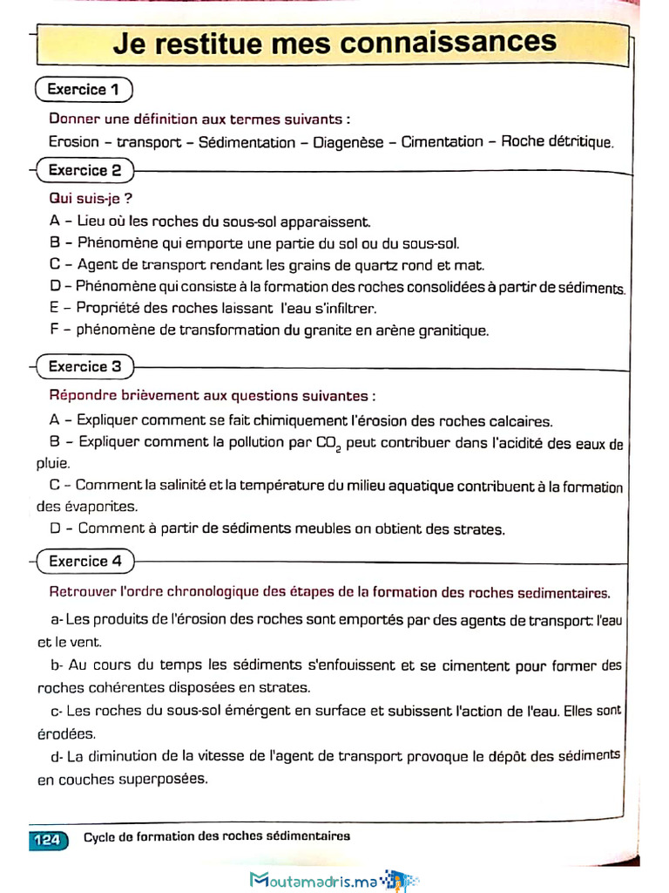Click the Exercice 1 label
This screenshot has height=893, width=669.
[x=83, y=90]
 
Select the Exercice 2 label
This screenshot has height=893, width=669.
[x=84, y=171]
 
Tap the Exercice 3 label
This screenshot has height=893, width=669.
[x=84, y=367]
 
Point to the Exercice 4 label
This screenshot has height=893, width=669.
[x=84, y=562]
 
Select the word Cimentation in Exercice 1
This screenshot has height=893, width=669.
[x=442, y=142]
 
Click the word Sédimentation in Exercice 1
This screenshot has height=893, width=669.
[x=247, y=142]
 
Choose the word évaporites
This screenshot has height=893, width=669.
[x=95, y=506]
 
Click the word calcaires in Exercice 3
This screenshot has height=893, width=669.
[x=521, y=421]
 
